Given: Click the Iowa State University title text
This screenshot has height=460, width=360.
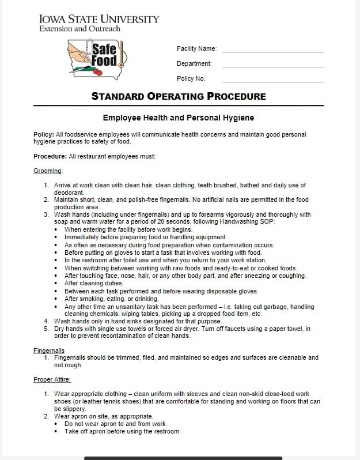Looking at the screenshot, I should click(99, 19).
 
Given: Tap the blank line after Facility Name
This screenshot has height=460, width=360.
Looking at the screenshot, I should click(273, 51).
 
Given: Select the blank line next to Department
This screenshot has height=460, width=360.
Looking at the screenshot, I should click(273, 66).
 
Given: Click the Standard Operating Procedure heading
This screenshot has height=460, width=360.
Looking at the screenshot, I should click(179, 96).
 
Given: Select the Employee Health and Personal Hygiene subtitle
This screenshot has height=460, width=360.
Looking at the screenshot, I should click(178, 118).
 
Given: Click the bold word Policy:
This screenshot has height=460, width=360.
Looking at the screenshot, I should click(44, 134).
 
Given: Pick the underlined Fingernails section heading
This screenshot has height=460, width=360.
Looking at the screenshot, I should click(49, 350).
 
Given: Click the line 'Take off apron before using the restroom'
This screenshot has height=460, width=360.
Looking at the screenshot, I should click(122, 431).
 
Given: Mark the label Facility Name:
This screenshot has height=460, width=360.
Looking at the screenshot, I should click(196, 49).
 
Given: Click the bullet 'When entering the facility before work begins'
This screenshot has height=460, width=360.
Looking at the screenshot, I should click(128, 229).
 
